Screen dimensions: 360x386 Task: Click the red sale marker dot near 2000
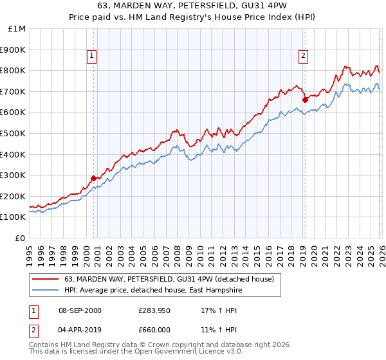(94, 178)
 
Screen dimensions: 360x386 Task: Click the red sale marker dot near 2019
(305, 100)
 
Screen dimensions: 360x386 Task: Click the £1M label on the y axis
(17, 28)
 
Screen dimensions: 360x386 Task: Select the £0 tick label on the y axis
(21, 238)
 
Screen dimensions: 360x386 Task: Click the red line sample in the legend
(45, 279)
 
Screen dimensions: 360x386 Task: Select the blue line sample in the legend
(45, 290)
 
